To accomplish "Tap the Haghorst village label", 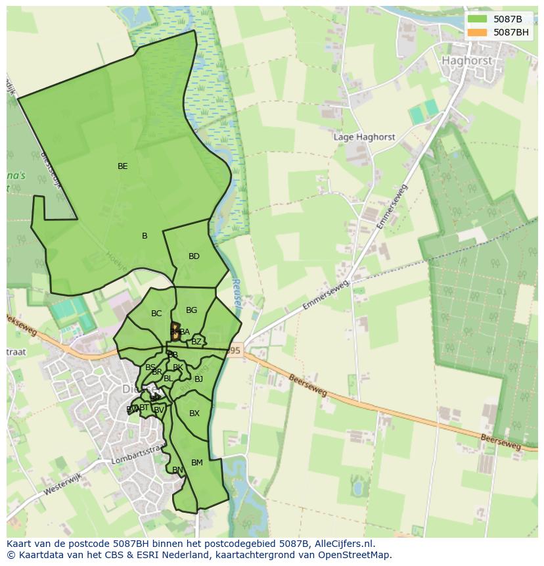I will click(x=466, y=60).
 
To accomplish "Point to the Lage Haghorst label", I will click(x=365, y=137).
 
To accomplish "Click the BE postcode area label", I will click(x=122, y=166).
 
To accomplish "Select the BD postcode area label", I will click(x=194, y=256).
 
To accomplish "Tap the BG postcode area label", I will click(x=191, y=310).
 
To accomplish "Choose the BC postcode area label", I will click(x=156, y=314).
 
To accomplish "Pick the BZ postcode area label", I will click(x=196, y=342).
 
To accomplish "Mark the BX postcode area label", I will click(x=194, y=413).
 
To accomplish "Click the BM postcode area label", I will click(x=197, y=463).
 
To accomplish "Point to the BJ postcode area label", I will click(x=198, y=379).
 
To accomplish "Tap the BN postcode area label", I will click(x=177, y=470).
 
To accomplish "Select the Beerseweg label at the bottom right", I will click(x=500, y=441).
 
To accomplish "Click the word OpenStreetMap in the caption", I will click(x=353, y=555).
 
